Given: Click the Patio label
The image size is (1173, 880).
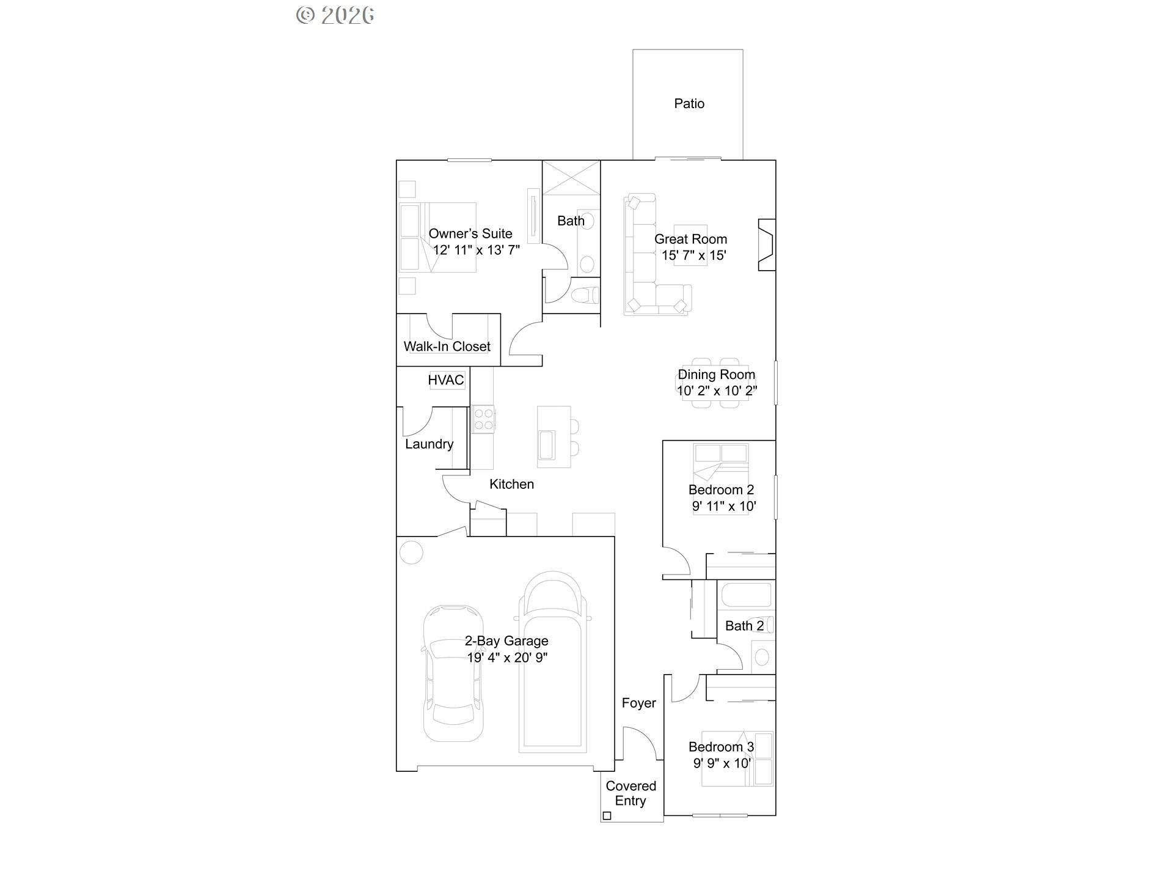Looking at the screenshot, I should click(689, 104).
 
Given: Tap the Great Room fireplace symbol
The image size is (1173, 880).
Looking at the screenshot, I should click(767, 244).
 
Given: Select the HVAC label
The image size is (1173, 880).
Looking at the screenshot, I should click(445, 380).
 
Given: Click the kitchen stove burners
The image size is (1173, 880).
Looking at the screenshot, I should click(483, 419).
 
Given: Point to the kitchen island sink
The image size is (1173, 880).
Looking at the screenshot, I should click(546, 444).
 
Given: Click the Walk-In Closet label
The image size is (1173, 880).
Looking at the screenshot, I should click(447, 346).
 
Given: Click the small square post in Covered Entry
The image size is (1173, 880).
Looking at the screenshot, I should click(607, 815).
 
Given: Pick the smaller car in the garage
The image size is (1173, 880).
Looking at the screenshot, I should click(453, 673).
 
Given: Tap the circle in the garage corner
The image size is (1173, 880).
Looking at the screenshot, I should click(411, 552).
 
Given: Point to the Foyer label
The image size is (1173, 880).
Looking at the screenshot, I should click(638, 703).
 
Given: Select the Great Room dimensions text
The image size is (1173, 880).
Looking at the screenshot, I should click(693, 255).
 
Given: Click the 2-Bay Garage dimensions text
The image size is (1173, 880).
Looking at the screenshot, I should click(507, 658).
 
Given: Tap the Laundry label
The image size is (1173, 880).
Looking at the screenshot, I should click(429, 444).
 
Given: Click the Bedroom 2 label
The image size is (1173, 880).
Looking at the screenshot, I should click(721, 490).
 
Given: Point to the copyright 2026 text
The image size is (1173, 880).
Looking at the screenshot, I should click(335, 15).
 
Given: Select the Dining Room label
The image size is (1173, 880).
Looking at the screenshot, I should click(716, 375).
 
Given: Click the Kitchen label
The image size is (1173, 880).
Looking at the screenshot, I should click(511, 484).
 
